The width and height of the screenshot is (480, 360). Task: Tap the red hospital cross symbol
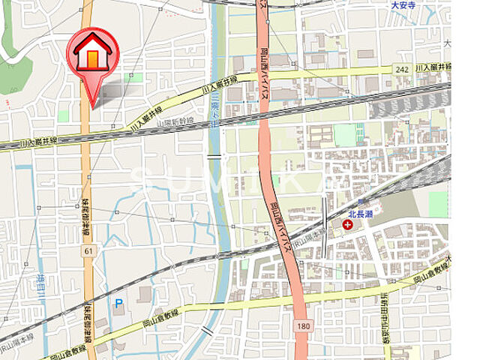point(347,223)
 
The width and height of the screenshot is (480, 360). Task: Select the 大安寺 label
point(403,5)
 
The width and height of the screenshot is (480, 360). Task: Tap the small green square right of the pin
point(135,76)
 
